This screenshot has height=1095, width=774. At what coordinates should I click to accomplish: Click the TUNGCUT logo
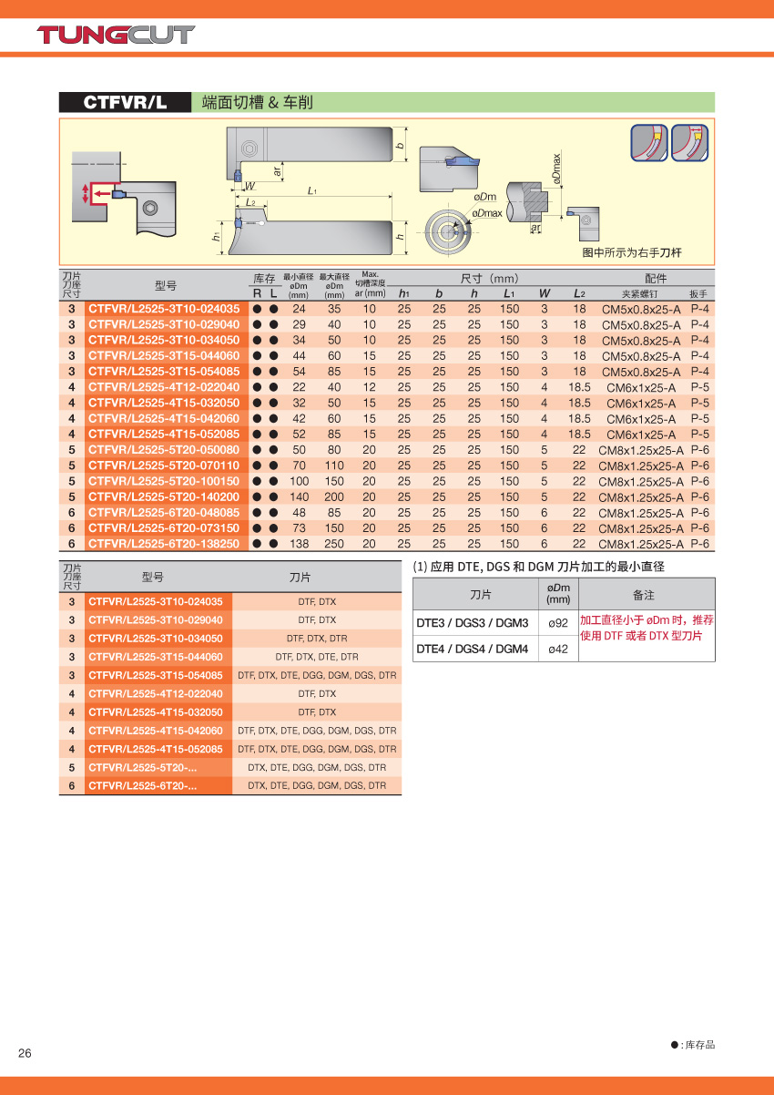click(116, 36)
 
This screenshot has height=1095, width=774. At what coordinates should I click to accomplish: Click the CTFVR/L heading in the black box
click(126, 103)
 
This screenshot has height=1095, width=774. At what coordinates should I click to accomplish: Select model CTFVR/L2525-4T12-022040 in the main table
click(164, 387)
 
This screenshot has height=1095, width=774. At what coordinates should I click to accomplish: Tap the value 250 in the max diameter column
click(334, 544)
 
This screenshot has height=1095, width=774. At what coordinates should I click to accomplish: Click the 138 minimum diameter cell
click(299, 544)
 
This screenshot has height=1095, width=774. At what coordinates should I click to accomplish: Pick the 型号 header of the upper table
click(166, 285)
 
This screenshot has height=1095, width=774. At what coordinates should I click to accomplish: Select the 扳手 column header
click(698, 294)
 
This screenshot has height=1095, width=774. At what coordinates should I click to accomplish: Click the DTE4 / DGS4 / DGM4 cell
click(472, 650)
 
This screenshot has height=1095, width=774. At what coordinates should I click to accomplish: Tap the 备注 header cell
click(644, 595)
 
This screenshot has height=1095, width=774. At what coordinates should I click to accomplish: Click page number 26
click(25, 1054)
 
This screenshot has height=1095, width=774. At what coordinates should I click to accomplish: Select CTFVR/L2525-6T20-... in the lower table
click(142, 785)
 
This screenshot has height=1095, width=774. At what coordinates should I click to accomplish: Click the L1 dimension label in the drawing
click(312, 190)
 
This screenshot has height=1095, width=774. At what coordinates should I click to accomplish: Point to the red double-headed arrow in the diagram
click(87, 193)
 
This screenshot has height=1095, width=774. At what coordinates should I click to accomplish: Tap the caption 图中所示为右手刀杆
click(632, 252)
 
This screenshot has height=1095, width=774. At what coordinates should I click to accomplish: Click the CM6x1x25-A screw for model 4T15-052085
click(640, 435)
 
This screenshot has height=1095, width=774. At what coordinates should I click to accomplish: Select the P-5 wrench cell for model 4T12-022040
click(699, 387)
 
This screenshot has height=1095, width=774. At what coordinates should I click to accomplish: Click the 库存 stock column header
click(264, 278)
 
